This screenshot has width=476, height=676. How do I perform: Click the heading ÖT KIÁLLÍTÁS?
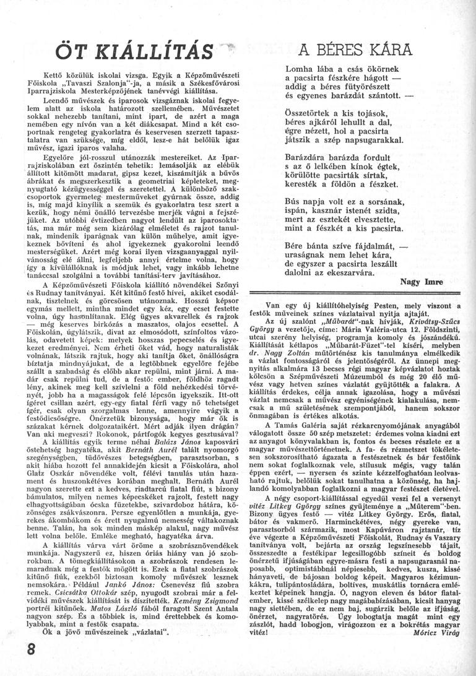pos(135,51)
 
